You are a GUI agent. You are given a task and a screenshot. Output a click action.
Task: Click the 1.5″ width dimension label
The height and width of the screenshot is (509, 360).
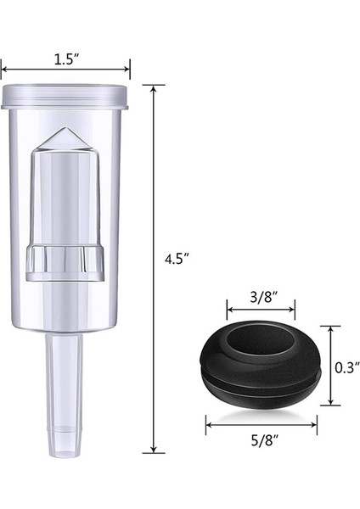click(x=66, y=59)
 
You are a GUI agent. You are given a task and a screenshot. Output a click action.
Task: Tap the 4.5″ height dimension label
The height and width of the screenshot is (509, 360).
click(x=177, y=260)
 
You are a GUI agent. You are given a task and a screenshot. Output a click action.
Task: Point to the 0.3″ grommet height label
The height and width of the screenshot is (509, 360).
click(x=347, y=368)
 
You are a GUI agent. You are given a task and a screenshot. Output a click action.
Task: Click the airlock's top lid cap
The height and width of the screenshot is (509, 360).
click(x=65, y=97)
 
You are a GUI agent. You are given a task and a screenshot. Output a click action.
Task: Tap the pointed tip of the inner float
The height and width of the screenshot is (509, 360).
click(x=65, y=129)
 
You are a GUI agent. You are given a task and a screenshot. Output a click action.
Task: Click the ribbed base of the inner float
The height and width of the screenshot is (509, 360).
click(x=65, y=263)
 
